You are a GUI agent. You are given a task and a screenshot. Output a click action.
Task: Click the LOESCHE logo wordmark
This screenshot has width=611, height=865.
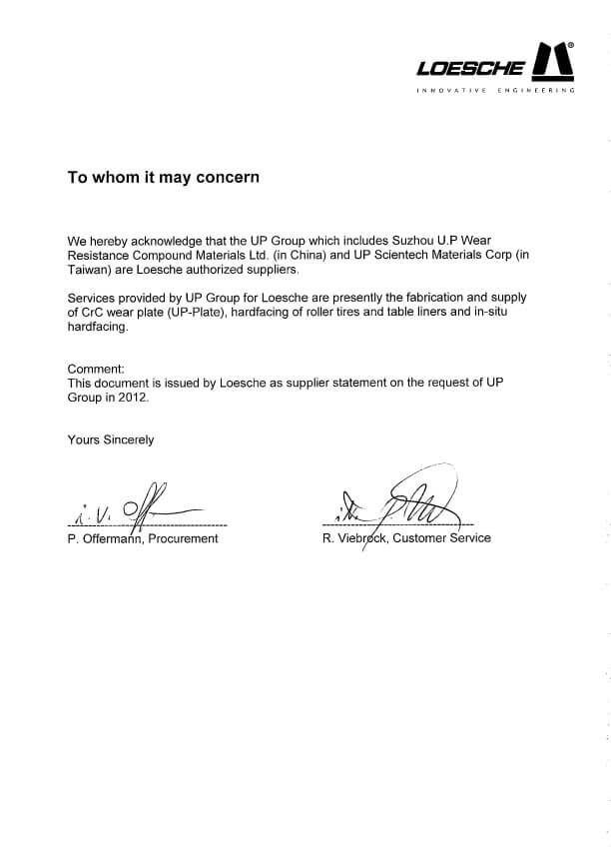click(470, 68)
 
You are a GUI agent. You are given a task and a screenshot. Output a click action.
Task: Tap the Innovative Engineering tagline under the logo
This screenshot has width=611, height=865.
click(496, 91)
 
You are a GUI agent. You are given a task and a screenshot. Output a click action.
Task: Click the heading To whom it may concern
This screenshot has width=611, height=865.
click(163, 178)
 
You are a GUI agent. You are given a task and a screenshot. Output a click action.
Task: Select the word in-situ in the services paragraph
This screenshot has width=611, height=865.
click(510, 312)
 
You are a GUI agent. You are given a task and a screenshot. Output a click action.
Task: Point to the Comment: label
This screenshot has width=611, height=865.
click(96, 369)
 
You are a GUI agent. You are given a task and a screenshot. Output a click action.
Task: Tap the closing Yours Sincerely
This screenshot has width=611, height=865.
click(110, 439)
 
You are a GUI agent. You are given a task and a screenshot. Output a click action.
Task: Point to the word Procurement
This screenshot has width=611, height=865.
click(182, 538)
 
